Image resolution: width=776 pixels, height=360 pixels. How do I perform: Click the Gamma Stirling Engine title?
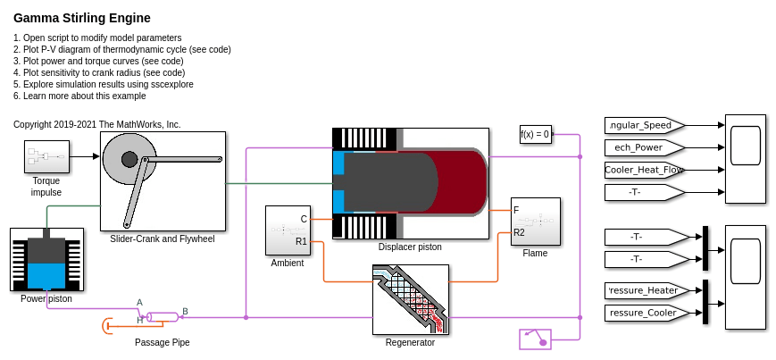[81, 18]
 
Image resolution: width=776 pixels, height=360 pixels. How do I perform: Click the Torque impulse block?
[46, 156]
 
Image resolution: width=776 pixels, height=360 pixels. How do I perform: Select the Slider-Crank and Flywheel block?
[163, 181]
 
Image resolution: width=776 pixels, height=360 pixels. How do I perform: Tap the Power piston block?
[46, 259]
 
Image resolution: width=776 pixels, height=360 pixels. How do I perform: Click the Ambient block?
[288, 230]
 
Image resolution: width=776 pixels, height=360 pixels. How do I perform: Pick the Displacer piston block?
[410, 183]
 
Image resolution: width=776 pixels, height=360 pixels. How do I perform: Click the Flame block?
[535, 222]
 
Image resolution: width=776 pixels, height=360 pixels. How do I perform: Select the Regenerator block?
[410, 298]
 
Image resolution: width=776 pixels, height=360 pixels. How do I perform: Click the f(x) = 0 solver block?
[536, 135]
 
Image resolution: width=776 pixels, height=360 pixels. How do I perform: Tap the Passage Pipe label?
[162, 342]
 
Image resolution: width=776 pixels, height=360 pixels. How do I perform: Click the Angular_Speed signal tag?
[643, 125]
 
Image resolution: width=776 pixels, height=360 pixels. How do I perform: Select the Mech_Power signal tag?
[643, 147]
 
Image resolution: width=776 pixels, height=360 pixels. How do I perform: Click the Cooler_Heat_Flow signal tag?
[643, 170]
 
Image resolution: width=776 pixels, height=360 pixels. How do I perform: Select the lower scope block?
[745, 276]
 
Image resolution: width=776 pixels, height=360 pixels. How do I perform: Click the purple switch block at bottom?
[535, 339]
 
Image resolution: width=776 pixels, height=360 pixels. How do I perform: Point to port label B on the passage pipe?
[185, 312]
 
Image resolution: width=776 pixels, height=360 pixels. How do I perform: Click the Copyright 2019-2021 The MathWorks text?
[96, 124]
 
